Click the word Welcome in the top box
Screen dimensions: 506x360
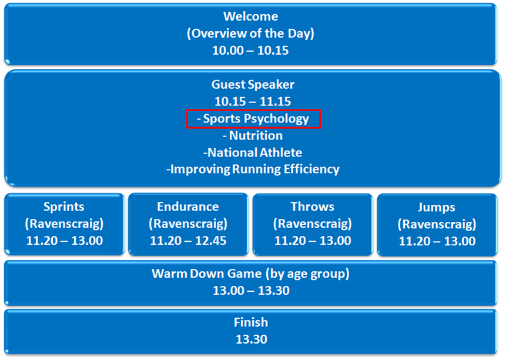250,16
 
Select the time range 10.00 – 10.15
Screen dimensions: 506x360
250,51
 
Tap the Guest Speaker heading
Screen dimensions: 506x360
253,85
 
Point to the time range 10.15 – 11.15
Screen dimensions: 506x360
253,101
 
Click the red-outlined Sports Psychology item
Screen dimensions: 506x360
253,119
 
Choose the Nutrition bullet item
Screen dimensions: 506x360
253,136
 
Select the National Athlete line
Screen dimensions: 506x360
253,152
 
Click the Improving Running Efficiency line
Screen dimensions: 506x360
253,169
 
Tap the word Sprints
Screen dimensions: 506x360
64,206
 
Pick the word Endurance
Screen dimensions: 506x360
188,206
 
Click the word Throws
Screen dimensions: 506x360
313,206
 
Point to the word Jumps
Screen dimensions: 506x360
436,207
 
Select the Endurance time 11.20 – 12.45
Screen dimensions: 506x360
188,241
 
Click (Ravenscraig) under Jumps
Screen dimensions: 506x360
437,224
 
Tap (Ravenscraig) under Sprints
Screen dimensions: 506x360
64,224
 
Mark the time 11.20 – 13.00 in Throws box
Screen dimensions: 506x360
313,241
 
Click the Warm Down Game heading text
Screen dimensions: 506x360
250,274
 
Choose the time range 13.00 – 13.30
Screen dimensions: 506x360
251,291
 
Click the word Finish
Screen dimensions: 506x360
251,322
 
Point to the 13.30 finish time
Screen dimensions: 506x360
252,339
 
